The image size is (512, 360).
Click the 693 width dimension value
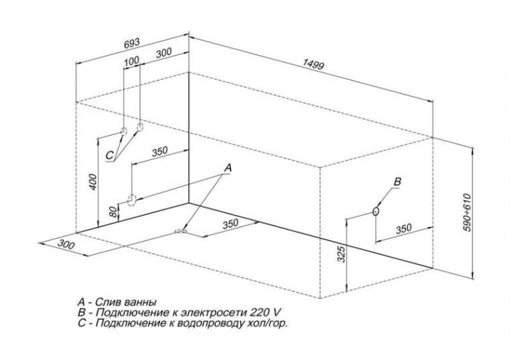tap(132, 44)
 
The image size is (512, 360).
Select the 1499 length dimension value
tap(314, 64)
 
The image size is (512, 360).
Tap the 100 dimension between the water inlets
tap(132, 60)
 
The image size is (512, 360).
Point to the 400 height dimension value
tap(93, 183)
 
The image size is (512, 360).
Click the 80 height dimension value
tap(113, 212)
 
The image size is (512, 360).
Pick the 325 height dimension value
tap(341, 255)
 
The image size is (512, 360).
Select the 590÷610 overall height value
tap(468, 213)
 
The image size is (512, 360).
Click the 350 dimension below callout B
tap(404, 229)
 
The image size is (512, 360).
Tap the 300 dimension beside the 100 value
tap(163, 52)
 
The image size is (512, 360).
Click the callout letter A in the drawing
tap(228, 168)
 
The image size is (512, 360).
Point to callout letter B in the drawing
tap(397, 182)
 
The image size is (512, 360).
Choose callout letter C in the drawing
tap(110, 155)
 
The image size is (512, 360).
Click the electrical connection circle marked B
tap(376, 211)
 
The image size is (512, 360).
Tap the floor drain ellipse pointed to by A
tap(181, 231)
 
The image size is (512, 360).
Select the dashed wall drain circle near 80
tap(131, 200)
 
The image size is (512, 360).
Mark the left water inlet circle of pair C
tap(124, 132)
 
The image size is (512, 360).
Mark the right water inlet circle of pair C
tap(140, 127)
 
